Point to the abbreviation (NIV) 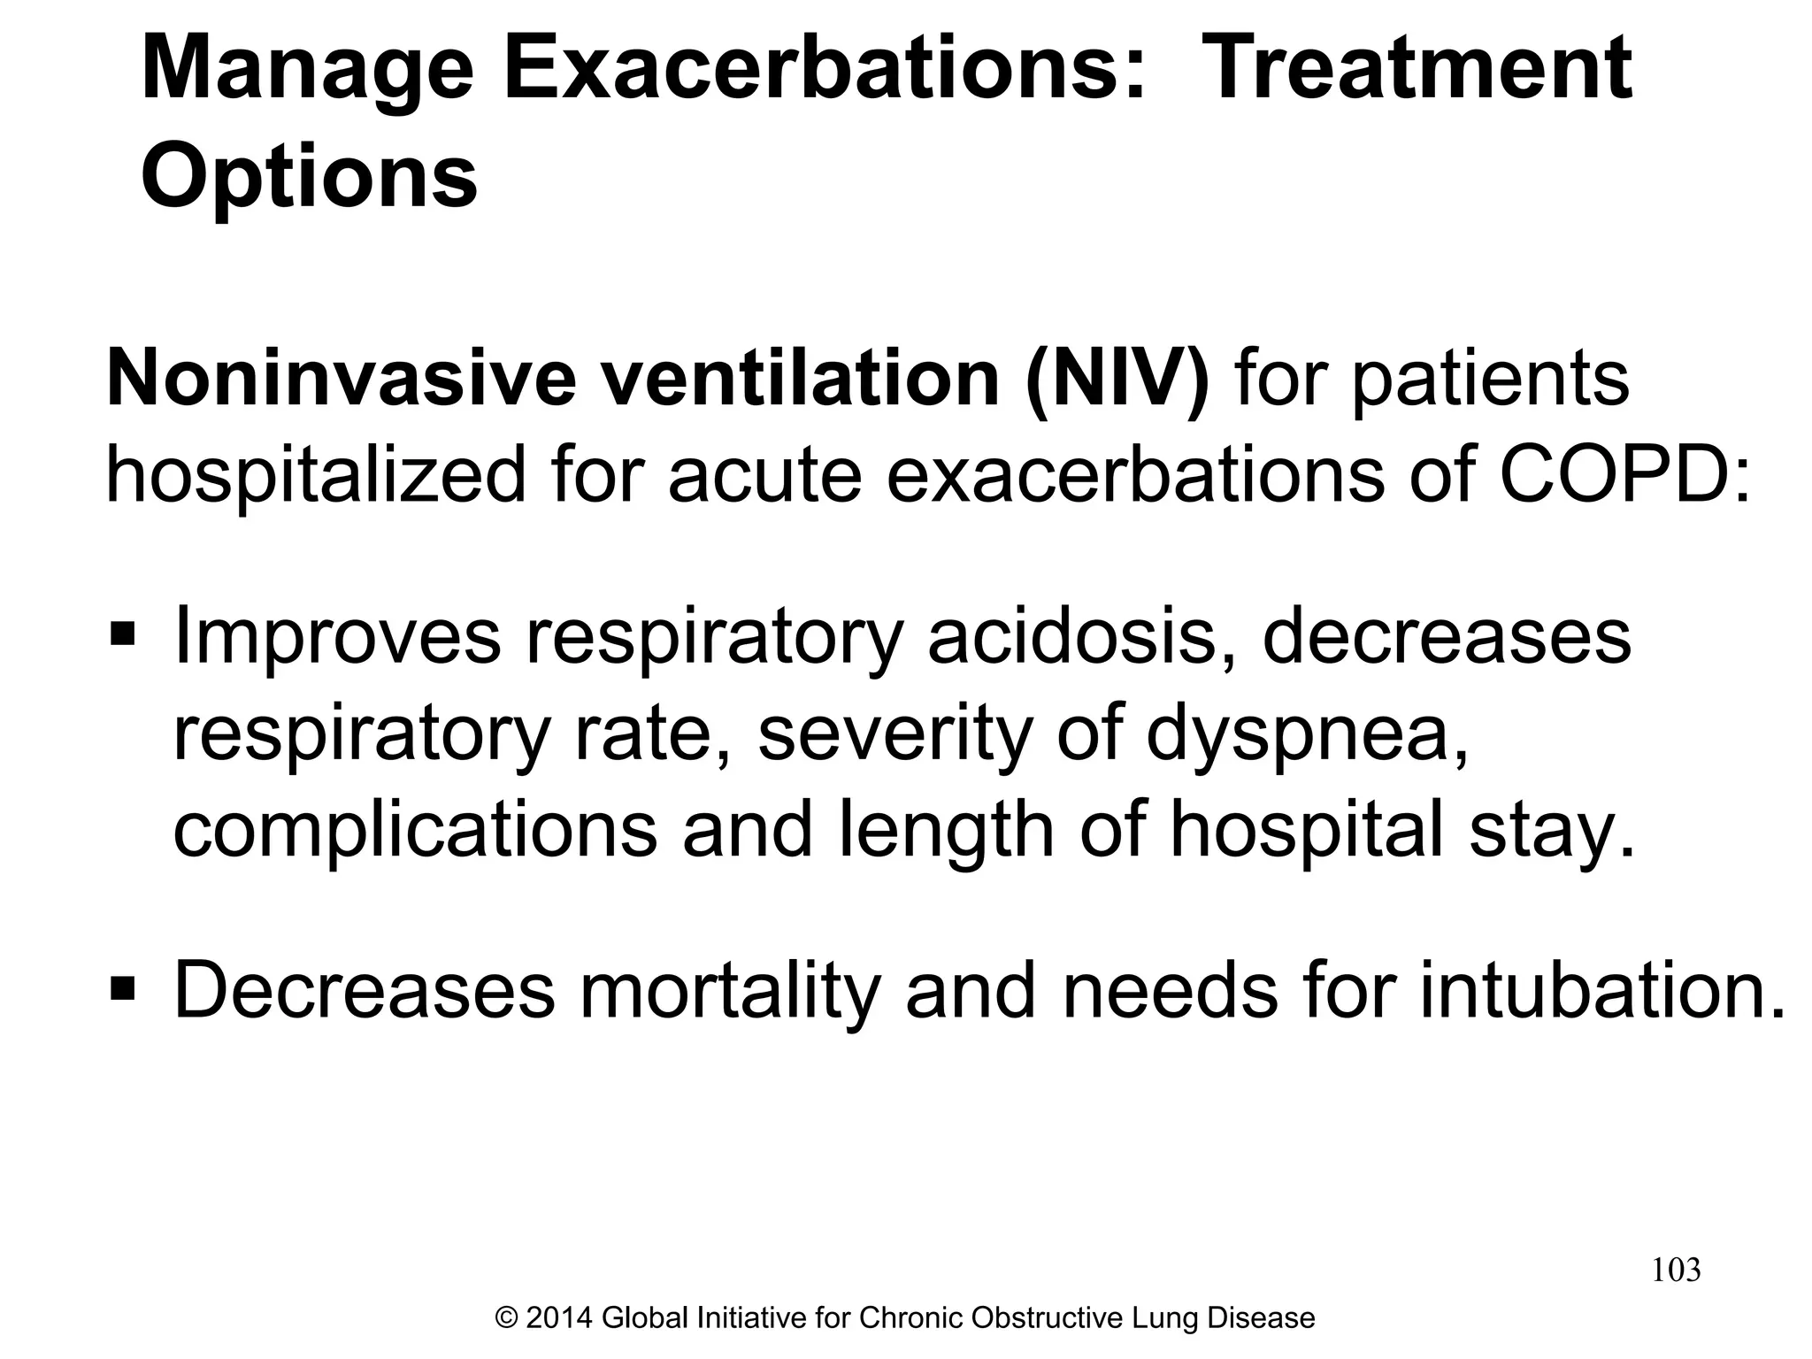tap(1117, 379)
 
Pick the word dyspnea tap(1300, 734)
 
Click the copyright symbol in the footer tap(507, 1318)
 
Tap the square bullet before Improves tap(122, 634)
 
